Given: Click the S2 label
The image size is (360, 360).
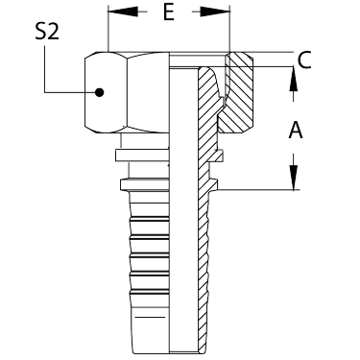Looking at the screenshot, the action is tap(47, 33).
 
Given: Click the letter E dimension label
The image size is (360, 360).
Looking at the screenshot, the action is tap(168, 12).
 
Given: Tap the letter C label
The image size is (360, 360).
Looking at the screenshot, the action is tap(304, 60).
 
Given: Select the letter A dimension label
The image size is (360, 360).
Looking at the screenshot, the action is tap(296, 130).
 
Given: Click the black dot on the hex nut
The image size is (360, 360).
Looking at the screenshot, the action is tap(100, 92).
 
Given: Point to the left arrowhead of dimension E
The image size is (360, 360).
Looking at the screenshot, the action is tap(124, 12).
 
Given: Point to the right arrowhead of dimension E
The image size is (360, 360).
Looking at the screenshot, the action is tap(215, 12).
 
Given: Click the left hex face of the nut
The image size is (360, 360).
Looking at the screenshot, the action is tap(106, 92).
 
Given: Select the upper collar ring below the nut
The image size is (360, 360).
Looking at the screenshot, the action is tap(141, 156).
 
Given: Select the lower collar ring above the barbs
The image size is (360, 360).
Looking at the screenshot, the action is tap(144, 185).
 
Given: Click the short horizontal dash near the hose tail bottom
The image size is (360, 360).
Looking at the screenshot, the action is tap(150, 318).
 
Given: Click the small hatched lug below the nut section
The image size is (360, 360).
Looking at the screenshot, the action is tap(220, 156).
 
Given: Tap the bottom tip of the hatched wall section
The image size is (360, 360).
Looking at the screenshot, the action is tap(202, 352).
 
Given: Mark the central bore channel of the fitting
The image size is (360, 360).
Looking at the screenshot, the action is tap(183, 208).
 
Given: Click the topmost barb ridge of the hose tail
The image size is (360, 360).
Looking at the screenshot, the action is tap(150, 220).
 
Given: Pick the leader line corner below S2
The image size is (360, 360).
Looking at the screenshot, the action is tap(44, 93).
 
